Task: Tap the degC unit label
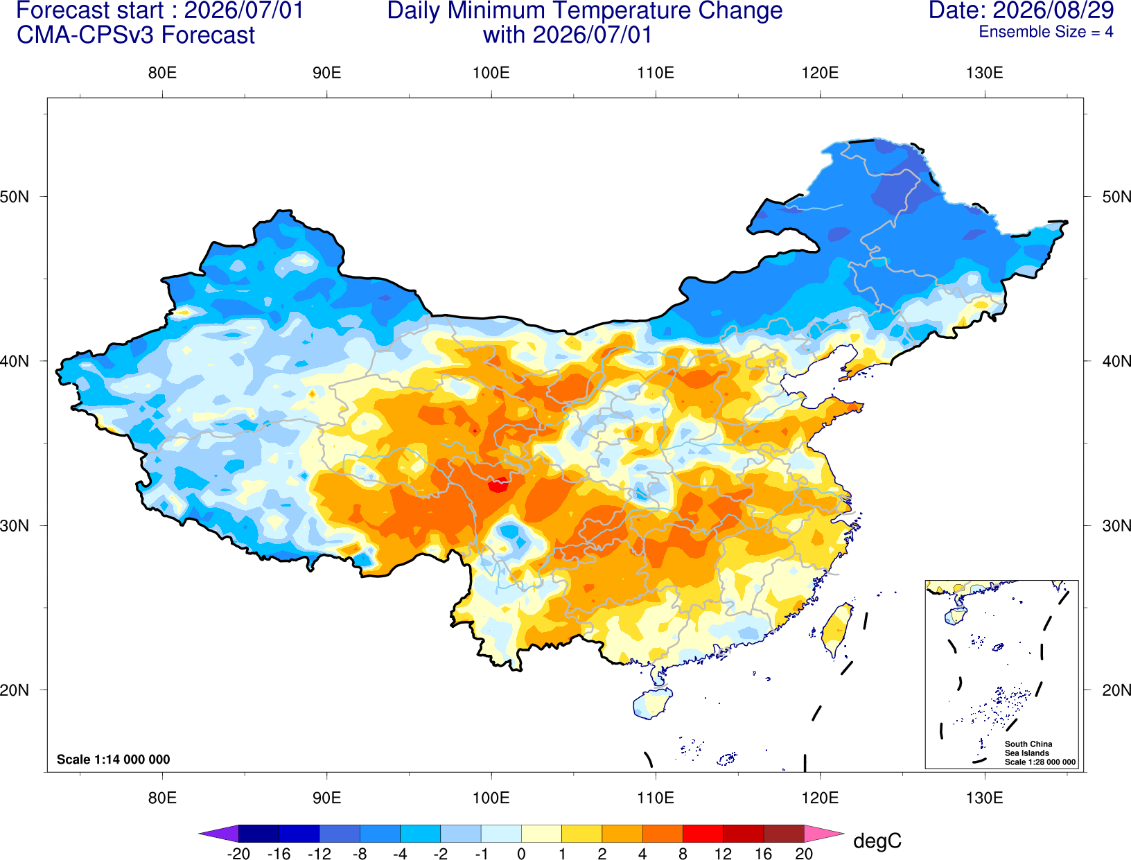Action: click(877, 841)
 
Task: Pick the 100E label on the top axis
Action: click(491, 73)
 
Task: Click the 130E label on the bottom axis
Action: click(984, 798)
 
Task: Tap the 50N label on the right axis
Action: click(1116, 196)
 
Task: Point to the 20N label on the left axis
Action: click(15, 690)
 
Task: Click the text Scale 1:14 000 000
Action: click(114, 759)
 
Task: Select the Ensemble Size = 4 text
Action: click(1046, 32)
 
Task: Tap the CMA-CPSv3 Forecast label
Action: click(136, 35)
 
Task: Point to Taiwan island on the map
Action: click(834, 630)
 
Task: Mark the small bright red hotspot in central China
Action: click(498, 485)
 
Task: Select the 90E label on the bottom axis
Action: click(326, 798)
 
